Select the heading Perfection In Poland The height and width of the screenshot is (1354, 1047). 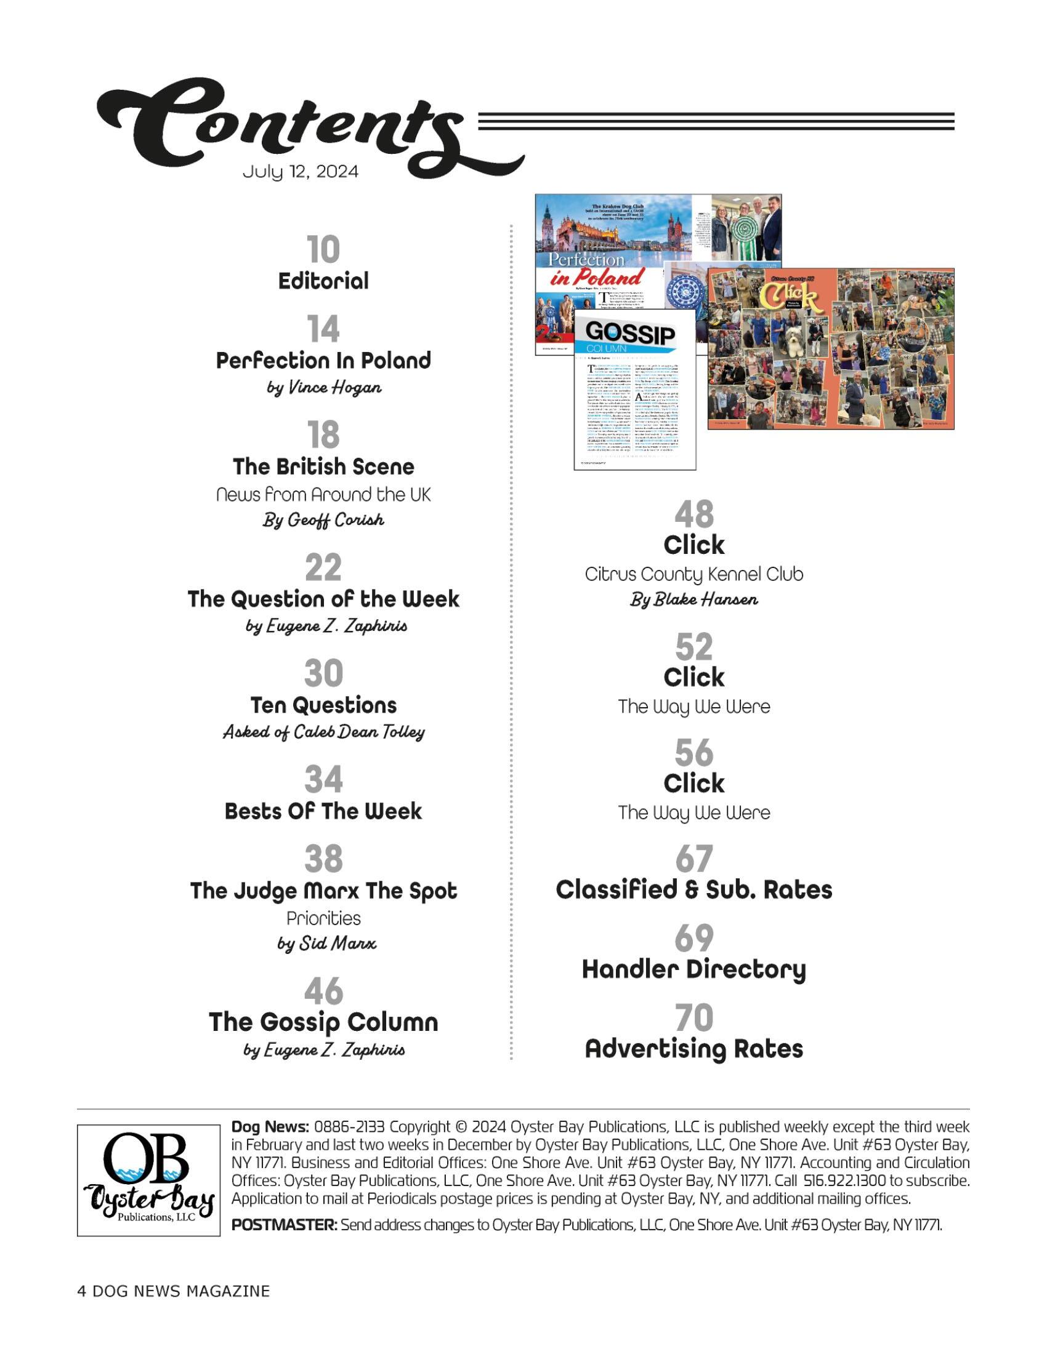click(x=323, y=360)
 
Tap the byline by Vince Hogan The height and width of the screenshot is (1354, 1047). click(x=323, y=388)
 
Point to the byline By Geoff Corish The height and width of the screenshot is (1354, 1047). click(x=323, y=519)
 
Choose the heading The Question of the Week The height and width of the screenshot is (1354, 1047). click(x=323, y=599)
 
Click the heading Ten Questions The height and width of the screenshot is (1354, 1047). click(x=323, y=705)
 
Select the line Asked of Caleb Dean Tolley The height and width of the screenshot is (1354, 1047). click(x=323, y=732)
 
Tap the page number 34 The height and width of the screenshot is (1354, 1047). click(x=323, y=779)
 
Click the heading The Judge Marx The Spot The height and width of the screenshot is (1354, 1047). click(x=323, y=891)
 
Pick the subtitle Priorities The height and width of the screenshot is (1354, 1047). click(x=323, y=918)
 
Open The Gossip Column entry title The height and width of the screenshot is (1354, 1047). click(x=323, y=1022)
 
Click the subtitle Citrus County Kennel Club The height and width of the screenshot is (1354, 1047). click(x=693, y=574)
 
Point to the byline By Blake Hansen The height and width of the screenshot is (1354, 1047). click(x=693, y=600)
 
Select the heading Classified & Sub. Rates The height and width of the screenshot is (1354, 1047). click(x=693, y=890)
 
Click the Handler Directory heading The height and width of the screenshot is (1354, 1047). click(x=693, y=969)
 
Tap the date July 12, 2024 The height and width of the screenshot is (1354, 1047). click(x=300, y=171)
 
